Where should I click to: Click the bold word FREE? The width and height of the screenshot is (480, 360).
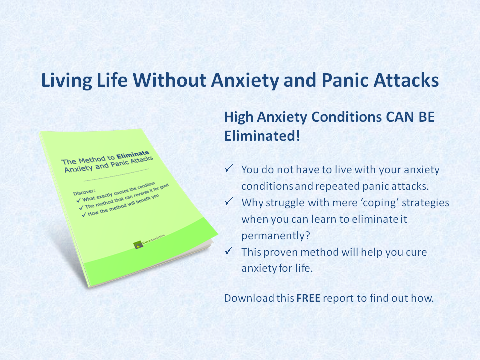308,298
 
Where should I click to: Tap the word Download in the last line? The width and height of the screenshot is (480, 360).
248,298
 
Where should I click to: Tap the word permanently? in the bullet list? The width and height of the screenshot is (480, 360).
268,235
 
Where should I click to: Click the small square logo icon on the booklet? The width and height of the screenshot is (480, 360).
138,245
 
